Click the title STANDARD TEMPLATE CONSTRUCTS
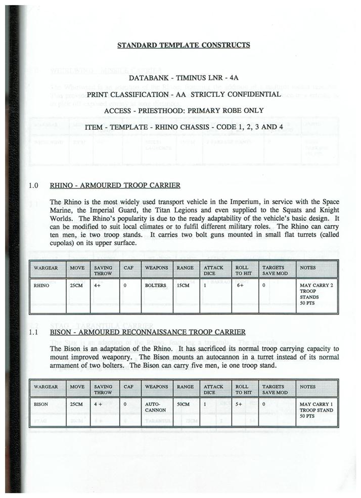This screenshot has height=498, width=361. tap(184, 45)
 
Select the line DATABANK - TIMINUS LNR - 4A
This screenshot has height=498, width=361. tap(184, 79)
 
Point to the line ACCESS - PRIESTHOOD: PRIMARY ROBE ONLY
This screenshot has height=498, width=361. tap(184, 110)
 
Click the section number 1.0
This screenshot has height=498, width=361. tap(34, 185)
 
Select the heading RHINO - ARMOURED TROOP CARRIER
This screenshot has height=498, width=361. tap(115, 185)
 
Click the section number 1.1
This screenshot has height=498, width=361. tap(34, 332)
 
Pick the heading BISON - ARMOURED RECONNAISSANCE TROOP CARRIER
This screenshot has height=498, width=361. tap(148, 332)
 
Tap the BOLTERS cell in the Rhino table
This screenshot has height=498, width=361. tap(156, 285)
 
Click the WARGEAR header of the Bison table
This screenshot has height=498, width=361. tap(47, 387)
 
